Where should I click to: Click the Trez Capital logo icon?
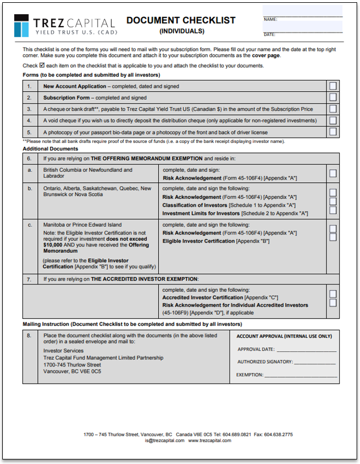[x=22, y=25]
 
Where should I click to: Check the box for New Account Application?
[x=333, y=86]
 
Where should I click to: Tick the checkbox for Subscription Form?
[x=333, y=97]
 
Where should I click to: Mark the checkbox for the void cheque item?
[x=333, y=120]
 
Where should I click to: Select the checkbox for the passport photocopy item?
[x=333, y=131]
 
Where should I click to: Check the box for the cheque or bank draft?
[x=333, y=109]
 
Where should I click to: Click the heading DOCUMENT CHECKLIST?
[x=181, y=20]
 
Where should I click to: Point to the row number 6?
[x=29, y=159]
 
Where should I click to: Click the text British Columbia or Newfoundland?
[x=88, y=169]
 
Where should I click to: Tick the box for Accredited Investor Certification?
[x=333, y=294]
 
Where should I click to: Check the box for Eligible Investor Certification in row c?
[x=333, y=237]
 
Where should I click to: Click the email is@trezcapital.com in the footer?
[x=164, y=440]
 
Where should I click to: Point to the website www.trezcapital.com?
[x=210, y=440]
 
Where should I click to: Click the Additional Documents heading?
[x=50, y=149]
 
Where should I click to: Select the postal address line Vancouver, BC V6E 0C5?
[x=72, y=372]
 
